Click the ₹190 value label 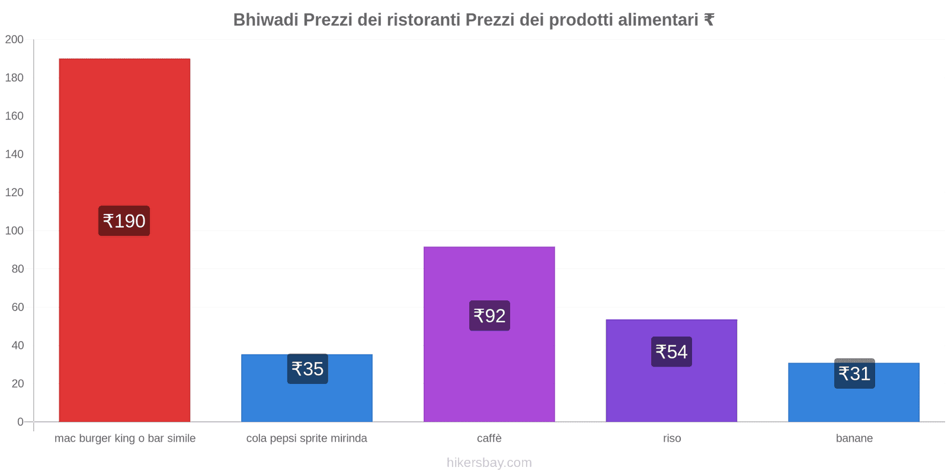[x=124, y=221]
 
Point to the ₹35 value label [x=308, y=369]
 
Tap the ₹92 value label [x=489, y=316]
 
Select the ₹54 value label [x=671, y=352]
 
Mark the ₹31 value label [x=854, y=374]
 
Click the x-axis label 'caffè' [x=489, y=438]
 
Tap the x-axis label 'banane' [x=854, y=438]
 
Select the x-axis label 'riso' [x=672, y=438]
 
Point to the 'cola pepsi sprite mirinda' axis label [x=307, y=438]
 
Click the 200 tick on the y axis [x=14, y=40]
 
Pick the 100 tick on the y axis [x=14, y=230]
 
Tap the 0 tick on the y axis [x=20, y=422]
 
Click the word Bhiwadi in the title [x=265, y=20]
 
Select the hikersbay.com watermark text [x=489, y=463]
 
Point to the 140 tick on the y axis [x=14, y=154]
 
